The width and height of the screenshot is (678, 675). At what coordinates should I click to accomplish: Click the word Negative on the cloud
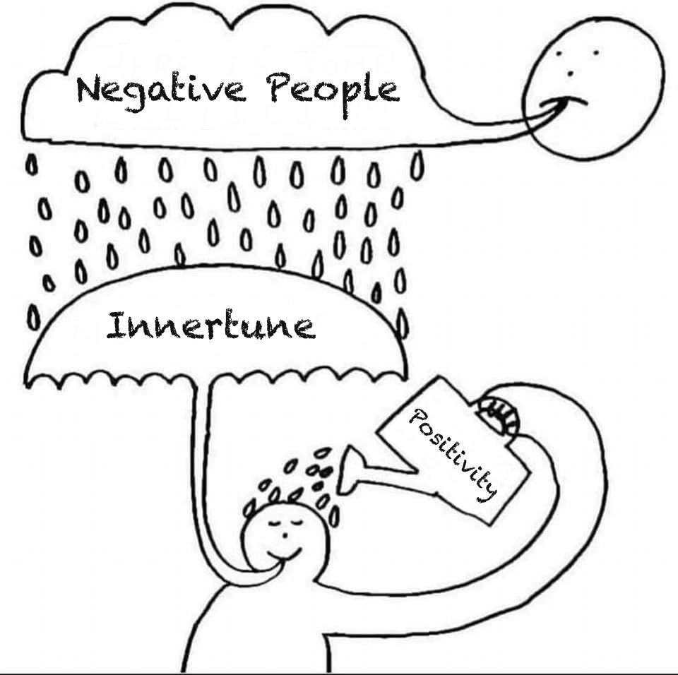[160, 91]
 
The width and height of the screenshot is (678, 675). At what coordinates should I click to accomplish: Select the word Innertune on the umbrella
[210, 326]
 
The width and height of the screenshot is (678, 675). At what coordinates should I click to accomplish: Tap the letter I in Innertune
[117, 326]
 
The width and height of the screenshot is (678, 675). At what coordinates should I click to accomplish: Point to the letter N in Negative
[90, 90]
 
